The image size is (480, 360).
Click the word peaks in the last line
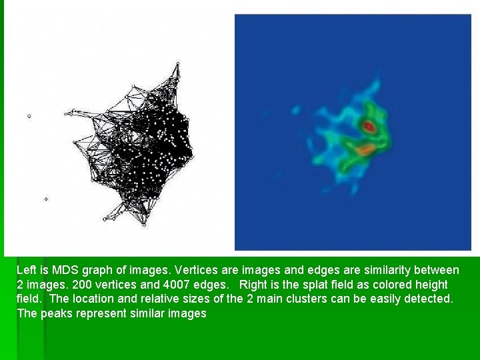tap(55, 313)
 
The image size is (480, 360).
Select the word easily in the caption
tap(387, 299)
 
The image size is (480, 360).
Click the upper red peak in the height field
tap(369, 125)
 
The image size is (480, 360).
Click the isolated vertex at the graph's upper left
tap(29, 117)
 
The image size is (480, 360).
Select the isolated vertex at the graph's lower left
tap(46, 199)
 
